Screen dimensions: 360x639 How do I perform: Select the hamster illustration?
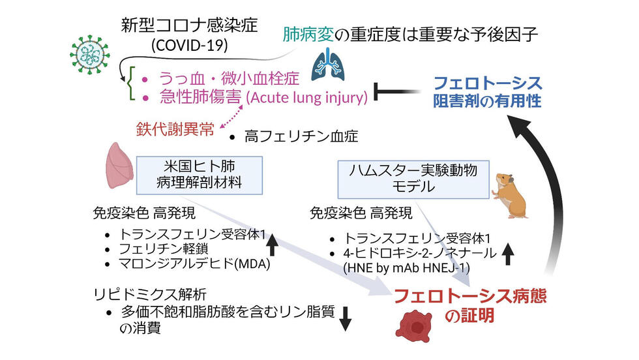click(x=511, y=195)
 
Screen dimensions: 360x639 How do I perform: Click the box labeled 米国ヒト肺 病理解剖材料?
click(x=199, y=174)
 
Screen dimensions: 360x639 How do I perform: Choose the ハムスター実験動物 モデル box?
click(x=413, y=178)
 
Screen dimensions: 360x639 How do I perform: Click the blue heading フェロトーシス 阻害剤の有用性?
click(x=488, y=92)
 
